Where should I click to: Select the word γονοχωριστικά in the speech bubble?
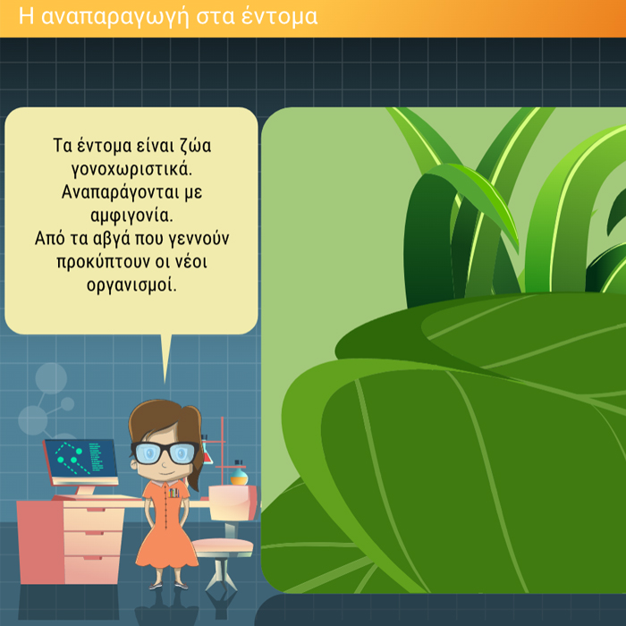click(131, 170)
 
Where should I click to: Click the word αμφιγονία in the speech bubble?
click(131, 216)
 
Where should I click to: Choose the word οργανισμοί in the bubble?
click(131, 285)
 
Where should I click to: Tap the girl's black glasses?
click(164, 453)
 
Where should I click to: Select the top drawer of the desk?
click(94, 519)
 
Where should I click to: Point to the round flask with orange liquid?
click(239, 476)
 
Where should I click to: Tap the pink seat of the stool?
click(223, 546)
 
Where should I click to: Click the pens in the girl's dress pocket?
click(173, 493)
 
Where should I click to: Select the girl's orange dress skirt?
click(167, 546)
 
